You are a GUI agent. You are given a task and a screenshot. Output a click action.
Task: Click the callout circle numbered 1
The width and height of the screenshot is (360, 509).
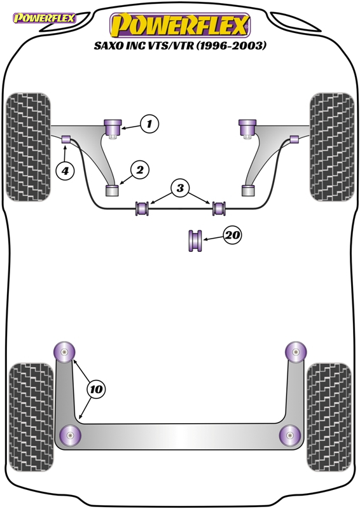[149, 123]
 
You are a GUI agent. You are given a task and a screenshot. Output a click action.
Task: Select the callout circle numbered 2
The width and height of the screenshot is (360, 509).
[140, 170]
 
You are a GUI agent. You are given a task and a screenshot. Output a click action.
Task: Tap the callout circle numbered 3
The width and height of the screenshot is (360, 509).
[180, 188]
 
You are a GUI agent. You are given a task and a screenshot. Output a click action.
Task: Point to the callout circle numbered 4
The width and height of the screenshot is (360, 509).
[66, 170]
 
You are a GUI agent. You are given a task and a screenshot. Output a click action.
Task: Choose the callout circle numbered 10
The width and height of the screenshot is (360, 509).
[96, 389]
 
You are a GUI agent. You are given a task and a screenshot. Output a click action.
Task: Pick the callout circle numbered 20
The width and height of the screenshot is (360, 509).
[232, 235]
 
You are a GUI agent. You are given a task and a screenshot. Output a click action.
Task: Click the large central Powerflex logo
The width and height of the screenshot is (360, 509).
[180, 25]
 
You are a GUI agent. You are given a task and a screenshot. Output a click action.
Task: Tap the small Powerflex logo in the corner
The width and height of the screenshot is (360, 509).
[44, 18]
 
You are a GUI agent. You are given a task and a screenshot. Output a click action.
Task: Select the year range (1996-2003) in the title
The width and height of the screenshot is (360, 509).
[232, 46]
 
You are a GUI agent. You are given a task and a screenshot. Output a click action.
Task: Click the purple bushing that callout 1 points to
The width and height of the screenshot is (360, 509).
[113, 128]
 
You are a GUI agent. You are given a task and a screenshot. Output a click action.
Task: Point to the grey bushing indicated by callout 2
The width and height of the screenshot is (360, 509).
[113, 190]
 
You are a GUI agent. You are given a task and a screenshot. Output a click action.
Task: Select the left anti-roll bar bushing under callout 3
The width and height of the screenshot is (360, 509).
[142, 209]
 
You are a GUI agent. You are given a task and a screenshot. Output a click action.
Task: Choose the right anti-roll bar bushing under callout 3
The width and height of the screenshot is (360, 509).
[219, 209]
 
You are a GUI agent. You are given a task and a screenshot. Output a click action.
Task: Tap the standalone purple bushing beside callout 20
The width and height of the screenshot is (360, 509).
[195, 241]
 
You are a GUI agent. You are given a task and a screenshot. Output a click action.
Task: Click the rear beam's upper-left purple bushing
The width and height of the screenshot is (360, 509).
[64, 352]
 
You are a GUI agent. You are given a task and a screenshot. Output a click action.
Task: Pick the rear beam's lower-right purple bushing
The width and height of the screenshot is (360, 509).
[290, 435]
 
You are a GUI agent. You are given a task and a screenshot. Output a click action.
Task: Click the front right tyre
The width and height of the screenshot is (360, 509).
[332, 147]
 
